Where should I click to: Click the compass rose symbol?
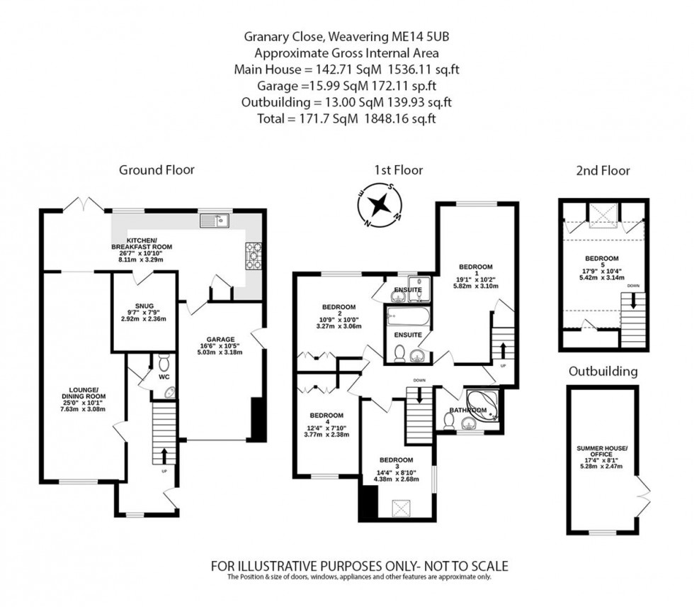pyautogui.click(x=380, y=204)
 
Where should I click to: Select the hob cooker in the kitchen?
pyautogui.click(x=254, y=255)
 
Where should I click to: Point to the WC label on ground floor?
pyautogui.click(x=163, y=377)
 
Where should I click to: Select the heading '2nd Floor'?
pyautogui.click(x=602, y=170)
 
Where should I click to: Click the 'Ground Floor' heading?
pyautogui.click(x=157, y=169)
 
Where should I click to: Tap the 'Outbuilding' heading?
pyautogui.click(x=602, y=371)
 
